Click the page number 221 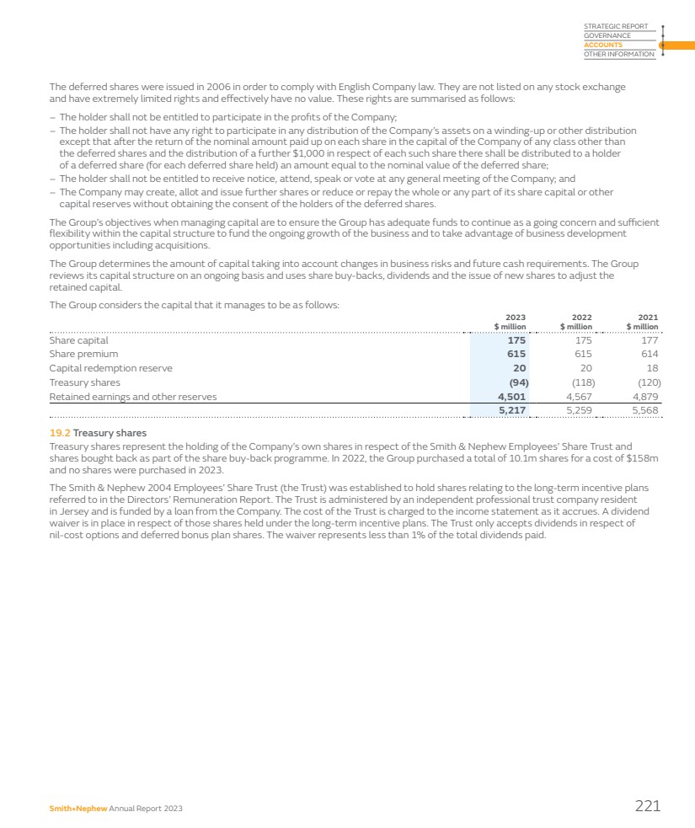coord(647,806)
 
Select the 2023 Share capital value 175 coord(516,340)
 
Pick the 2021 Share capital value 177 coord(649,340)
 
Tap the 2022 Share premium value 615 coord(582,355)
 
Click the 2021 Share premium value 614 coord(649,355)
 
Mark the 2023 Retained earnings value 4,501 coord(511,396)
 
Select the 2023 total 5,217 coord(511,410)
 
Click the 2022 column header coord(581,318)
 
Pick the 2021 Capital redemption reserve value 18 coord(652,368)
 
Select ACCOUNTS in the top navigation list coord(603,45)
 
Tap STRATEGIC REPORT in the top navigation coord(616,27)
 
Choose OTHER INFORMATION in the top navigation coord(618,55)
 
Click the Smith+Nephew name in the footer coord(78,809)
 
